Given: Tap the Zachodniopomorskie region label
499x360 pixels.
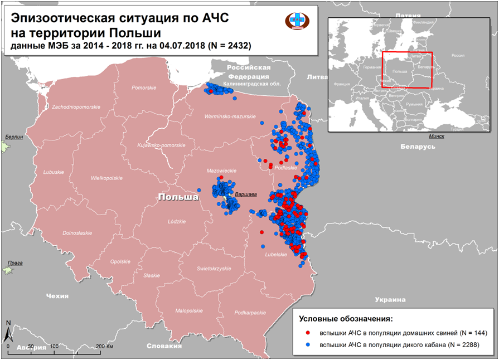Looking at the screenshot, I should tap(76, 106).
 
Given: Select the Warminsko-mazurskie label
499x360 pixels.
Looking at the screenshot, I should tap(230, 116).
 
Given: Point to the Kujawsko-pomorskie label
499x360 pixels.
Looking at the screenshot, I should tap(161, 145).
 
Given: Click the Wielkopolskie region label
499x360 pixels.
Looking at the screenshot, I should tap(106, 178).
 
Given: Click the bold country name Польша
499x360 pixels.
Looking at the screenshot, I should tap(178, 198).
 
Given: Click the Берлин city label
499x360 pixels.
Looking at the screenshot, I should tap(14, 137).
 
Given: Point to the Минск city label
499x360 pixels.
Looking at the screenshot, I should tap(437, 137).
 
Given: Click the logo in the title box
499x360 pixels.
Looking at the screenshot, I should tap(297, 20).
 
